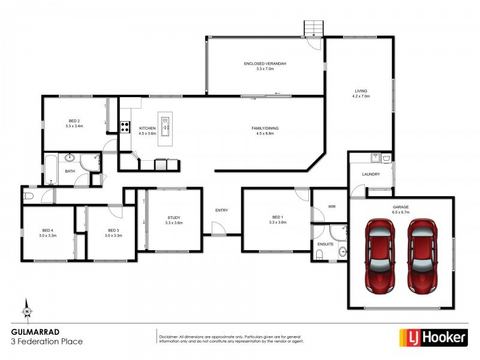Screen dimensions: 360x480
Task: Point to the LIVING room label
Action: [360, 91]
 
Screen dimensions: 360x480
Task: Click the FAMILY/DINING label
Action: [265, 128]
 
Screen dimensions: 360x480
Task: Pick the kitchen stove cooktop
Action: [126, 127]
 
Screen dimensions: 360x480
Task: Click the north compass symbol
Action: [27, 310]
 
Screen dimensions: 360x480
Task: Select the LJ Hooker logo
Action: [433, 338]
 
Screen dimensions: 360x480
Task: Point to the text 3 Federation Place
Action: [47, 341]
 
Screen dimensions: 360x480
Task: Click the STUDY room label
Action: [174, 218]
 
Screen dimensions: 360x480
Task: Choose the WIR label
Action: [332, 206]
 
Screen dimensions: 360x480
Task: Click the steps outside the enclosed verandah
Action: [314, 28]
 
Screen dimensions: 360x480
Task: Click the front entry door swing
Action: [217, 229]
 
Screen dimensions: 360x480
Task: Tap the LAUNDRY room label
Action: [370, 174]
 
